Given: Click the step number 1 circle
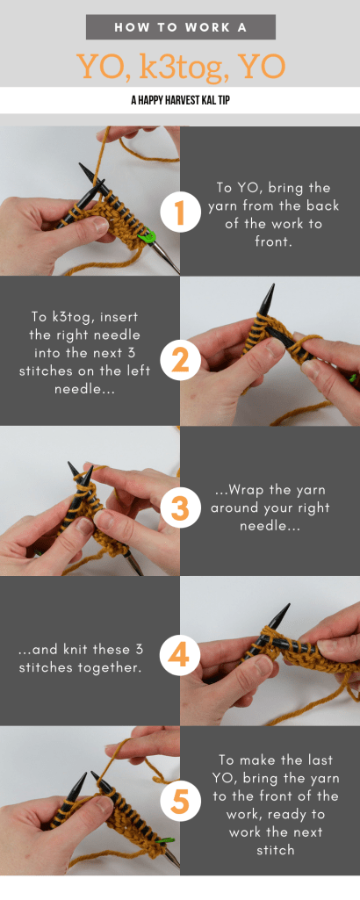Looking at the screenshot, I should tap(179, 212).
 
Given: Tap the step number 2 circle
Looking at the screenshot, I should tap(179, 360).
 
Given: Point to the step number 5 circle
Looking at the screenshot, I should tap(179, 803).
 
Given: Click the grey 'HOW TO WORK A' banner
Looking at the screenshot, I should tap(180, 27).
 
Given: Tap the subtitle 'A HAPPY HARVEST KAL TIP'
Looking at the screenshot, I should tap(180, 100).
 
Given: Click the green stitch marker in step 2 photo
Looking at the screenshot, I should tap(354, 378).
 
